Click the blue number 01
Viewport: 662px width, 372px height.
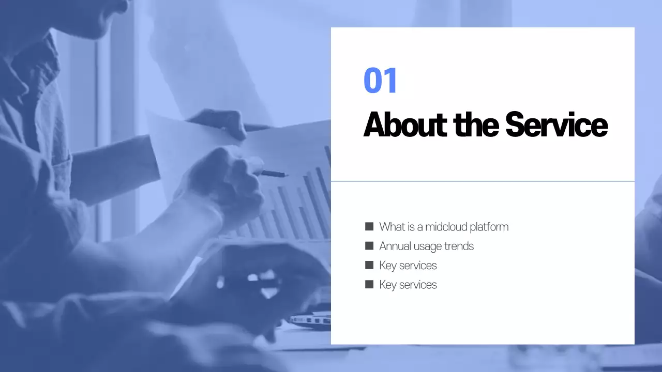pyautogui.click(x=381, y=81)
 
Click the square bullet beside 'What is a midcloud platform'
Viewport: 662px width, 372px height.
pyautogui.click(x=369, y=226)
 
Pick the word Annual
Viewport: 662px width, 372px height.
pyautogui.click(x=395, y=246)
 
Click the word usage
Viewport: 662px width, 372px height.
pyautogui.click(x=428, y=246)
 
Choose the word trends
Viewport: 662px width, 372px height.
pyautogui.click(x=459, y=246)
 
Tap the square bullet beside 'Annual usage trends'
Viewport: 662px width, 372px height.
pyautogui.click(x=369, y=246)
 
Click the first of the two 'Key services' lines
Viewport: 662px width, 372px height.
pyautogui.click(x=408, y=266)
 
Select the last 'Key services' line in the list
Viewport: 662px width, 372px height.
pyautogui.click(x=408, y=285)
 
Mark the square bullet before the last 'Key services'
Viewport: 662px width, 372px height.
pyautogui.click(x=369, y=284)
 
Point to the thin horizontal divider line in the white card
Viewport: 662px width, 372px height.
pyautogui.click(x=483, y=181)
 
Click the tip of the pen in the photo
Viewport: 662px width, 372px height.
pyautogui.click(x=286, y=175)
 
